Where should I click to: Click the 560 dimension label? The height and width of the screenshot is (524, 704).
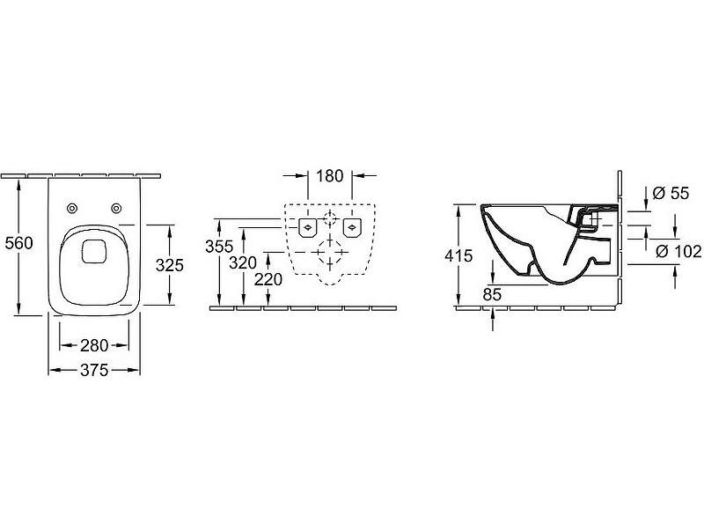(x=18, y=243)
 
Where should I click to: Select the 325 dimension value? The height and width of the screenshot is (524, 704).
(x=170, y=266)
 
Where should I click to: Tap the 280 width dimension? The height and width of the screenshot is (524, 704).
(x=94, y=345)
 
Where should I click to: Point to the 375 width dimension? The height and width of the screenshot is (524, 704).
(x=94, y=370)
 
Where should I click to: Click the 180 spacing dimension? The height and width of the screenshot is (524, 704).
(x=329, y=176)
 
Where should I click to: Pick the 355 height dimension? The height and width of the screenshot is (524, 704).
(x=219, y=247)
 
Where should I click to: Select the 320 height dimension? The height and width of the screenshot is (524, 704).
(x=243, y=263)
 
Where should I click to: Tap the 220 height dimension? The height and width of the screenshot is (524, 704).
(x=268, y=279)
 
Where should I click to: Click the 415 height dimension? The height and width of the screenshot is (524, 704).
(x=458, y=255)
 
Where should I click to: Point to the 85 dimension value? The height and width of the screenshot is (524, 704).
(x=492, y=295)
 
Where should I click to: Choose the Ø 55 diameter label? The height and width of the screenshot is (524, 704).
(x=671, y=193)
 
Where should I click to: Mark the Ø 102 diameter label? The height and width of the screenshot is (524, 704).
(x=678, y=251)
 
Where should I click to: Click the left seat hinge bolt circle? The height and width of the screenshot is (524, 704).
(x=72, y=208)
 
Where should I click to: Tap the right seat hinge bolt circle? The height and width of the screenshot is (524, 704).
(x=116, y=208)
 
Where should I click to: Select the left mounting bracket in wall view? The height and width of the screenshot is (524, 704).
(x=308, y=227)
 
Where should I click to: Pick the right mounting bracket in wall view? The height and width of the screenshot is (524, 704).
(x=353, y=227)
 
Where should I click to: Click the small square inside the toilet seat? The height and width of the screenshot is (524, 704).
(x=94, y=251)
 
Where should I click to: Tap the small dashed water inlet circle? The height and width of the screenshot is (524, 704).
(x=330, y=219)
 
